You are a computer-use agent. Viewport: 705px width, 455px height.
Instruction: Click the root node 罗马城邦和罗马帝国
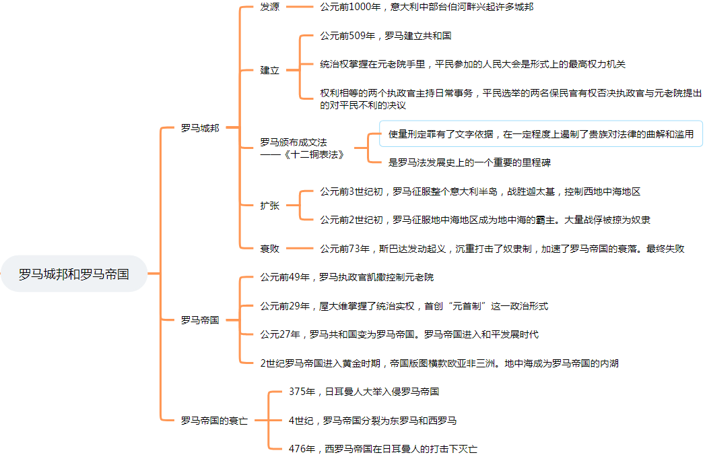click(74, 274)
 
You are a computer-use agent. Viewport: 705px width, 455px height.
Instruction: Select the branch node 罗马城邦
click(200, 127)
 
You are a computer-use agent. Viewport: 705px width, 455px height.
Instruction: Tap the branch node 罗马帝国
click(200, 320)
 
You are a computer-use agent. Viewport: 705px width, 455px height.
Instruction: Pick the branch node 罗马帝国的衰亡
click(214, 420)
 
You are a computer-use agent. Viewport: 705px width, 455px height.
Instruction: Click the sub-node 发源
click(270, 7)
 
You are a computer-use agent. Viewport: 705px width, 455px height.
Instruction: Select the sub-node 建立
click(270, 70)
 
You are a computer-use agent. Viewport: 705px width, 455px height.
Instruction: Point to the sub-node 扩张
click(270, 206)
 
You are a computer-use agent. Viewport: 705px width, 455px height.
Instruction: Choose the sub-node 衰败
click(270, 248)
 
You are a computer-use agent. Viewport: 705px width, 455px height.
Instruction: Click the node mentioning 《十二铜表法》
click(303, 148)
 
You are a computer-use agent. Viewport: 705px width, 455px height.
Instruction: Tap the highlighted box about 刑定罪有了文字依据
click(541, 134)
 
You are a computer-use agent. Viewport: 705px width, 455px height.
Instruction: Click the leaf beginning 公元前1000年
click(428, 7)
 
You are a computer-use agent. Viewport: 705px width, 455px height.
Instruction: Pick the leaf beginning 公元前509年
click(386, 36)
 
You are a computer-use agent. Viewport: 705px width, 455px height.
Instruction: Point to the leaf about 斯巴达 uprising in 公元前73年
click(502, 248)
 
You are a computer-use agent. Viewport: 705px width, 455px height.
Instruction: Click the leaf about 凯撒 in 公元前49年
click(347, 277)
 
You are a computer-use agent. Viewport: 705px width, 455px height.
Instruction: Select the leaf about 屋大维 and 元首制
click(404, 306)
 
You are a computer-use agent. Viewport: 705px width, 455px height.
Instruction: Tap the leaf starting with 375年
click(364, 391)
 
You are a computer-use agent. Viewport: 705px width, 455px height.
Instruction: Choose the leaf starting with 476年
click(383, 448)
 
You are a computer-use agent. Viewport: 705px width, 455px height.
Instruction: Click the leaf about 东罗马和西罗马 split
click(373, 421)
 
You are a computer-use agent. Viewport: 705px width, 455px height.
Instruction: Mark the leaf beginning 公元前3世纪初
click(480, 191)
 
